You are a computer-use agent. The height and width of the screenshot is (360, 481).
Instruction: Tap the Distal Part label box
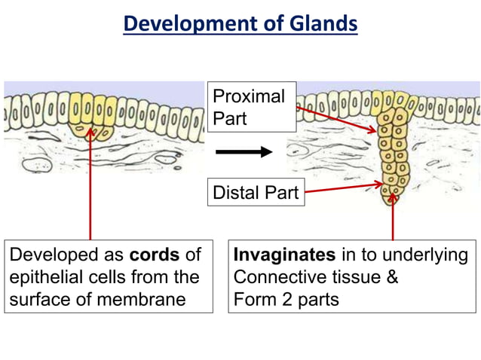click(256, 193)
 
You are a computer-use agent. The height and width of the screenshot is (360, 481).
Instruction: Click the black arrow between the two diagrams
click(244, 152)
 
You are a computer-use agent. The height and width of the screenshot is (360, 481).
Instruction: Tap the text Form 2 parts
click(286, 299)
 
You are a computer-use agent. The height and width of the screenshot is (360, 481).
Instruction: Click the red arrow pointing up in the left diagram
click(90, 188)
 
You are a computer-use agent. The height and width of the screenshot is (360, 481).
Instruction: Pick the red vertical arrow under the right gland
click(392, 218)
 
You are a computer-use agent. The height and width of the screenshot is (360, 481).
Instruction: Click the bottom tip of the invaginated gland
click(391, 199)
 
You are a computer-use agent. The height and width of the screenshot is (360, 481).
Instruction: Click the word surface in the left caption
click(38, 299)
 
